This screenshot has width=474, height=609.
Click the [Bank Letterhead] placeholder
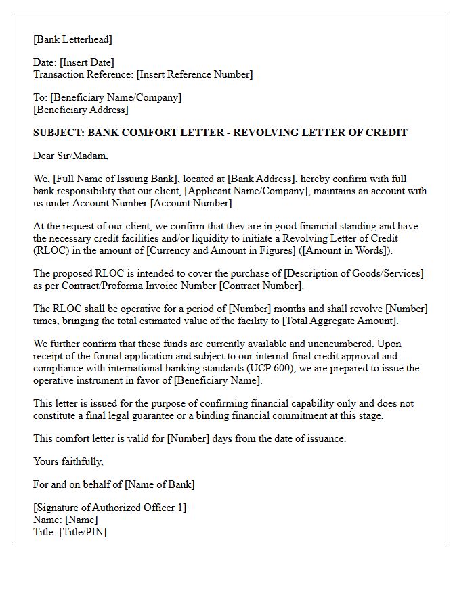tap(73, 39)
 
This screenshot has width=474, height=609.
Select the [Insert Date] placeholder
tap(87, 63)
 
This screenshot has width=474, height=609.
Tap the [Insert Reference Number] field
tap(194, 74)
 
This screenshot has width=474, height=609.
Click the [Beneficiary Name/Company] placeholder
tap(116, 97)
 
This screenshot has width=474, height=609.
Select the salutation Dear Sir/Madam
tap(70, 156)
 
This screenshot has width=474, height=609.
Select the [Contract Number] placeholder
tap(261, 286)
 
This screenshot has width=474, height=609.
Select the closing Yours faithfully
tap(68, 461)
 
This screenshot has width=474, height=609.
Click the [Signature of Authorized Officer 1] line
tap(110, 507)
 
